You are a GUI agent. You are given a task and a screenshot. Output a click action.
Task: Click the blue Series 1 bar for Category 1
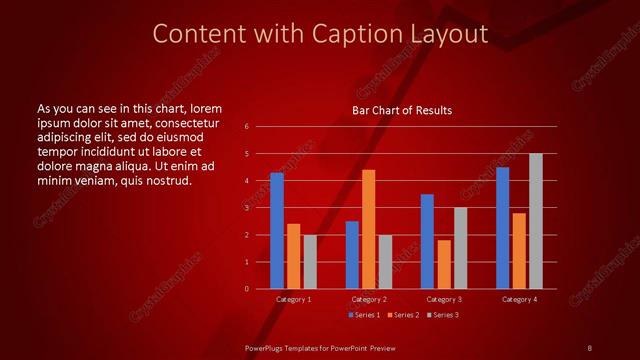point(277,231)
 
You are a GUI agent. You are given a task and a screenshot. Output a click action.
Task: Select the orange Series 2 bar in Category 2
point(368,229)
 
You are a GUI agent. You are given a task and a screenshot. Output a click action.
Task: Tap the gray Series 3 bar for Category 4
point(536,221)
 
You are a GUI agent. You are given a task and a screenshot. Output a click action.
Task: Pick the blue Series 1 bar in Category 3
point(427,241)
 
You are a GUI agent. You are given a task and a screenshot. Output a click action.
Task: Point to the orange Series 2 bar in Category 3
point(444,264)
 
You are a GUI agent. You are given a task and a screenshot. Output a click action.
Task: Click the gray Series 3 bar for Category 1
point(310,261)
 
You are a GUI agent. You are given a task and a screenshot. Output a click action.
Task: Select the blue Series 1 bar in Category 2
point(352,255)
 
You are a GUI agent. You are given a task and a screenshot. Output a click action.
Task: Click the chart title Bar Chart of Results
point(402,110)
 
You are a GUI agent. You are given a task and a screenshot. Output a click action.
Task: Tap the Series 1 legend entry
point(364,315)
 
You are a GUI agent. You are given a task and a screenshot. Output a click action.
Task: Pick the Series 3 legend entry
point(443,315)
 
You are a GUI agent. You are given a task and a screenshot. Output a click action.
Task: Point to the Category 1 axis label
point(293,299)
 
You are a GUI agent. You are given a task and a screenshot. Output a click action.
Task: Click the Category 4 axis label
point(519,299)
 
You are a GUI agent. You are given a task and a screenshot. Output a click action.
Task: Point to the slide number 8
point(590,347)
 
